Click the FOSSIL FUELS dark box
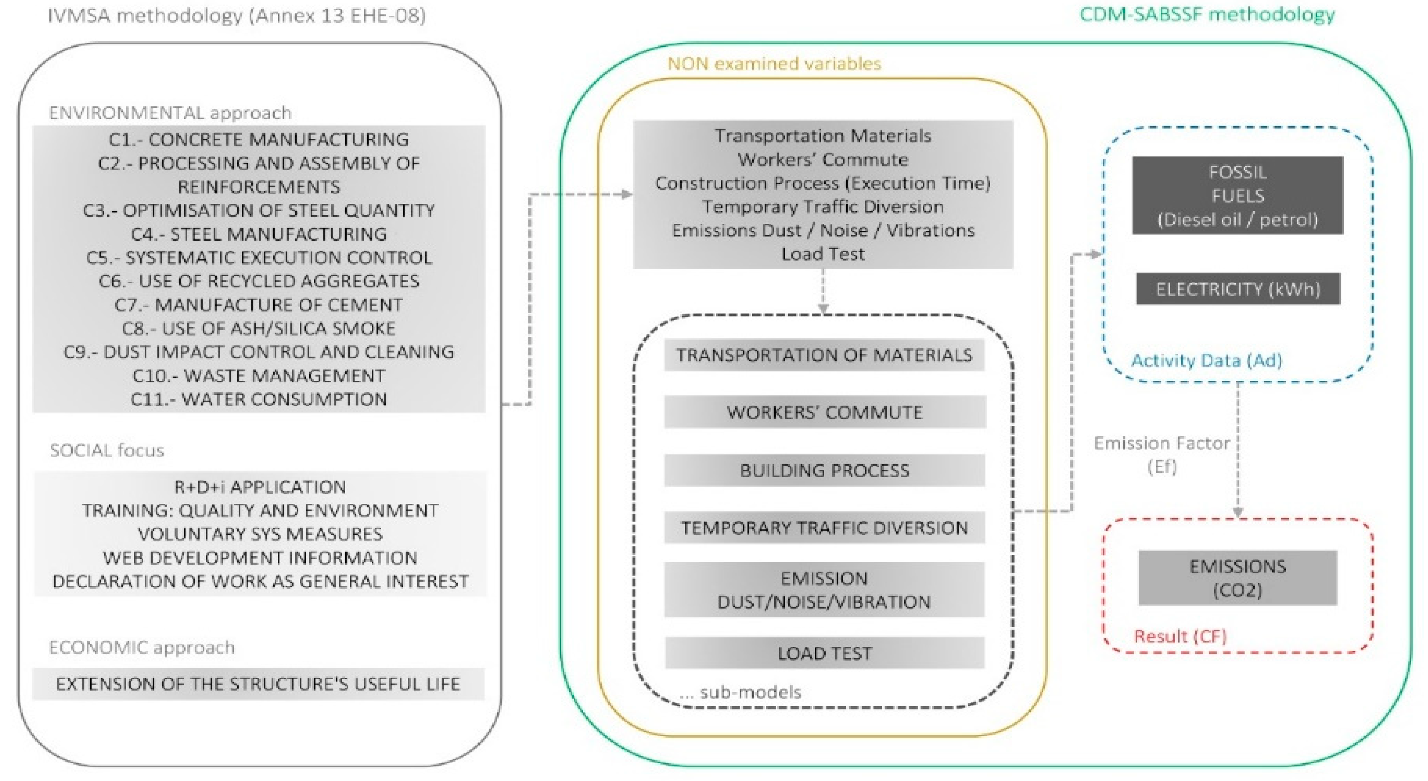click(1237, 195)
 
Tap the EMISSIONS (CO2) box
click(1237, 578)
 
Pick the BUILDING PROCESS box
click(824, 470)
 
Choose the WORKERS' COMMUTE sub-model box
click(824, 412)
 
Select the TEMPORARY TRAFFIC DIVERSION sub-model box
click(824, 528)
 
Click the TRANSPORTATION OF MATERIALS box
click(824, 355)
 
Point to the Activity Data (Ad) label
click(1206, 360)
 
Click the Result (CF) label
click(1180, 636)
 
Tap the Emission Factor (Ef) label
click(1162, 454)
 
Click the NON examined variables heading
click(774, 64)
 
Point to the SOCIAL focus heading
click(107, 450)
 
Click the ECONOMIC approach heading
click(142, 647)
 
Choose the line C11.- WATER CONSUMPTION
click(258, 399)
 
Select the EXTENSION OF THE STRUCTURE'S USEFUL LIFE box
click(258, 684)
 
